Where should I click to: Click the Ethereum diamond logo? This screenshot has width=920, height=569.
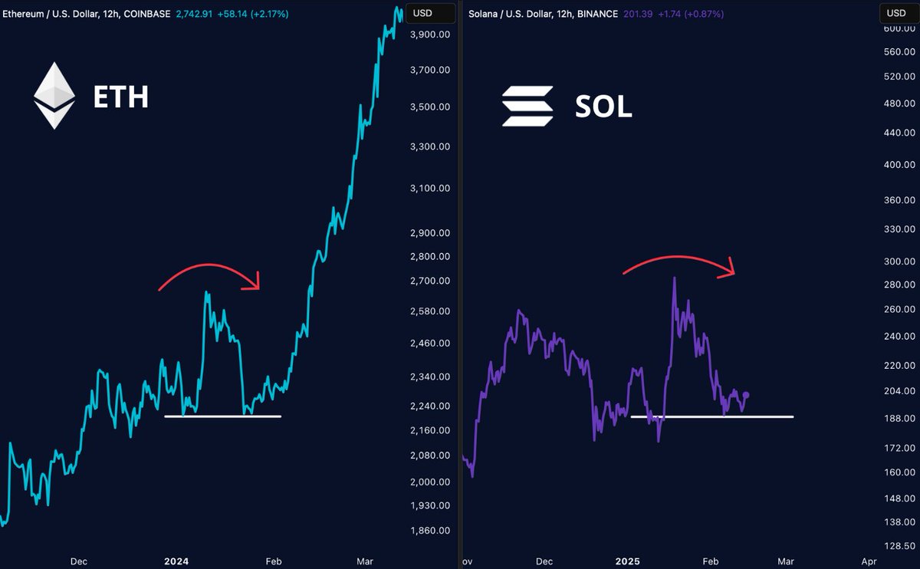click(x=54, y=96)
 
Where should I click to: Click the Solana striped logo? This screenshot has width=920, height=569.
click(x=527, y=106)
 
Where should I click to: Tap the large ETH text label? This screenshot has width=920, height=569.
click(x=120, y=97)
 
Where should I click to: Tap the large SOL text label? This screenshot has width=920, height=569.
click(x=603, y=107)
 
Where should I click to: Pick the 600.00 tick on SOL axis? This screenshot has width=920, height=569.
click(x=899, y=28)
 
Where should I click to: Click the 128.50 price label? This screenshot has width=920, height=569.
click(x=899, y=546)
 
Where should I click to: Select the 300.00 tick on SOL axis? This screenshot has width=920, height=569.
click(x=899, y=261)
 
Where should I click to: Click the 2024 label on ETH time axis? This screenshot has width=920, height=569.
click(x=177, y=561)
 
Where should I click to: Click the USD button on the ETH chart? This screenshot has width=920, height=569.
click(x=422, y=13)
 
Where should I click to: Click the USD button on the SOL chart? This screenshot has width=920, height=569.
click(x=895, y=13)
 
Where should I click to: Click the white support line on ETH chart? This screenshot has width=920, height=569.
click(x=222, y=416)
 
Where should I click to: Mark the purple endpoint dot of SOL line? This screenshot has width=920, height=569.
click(x=746, y=395)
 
